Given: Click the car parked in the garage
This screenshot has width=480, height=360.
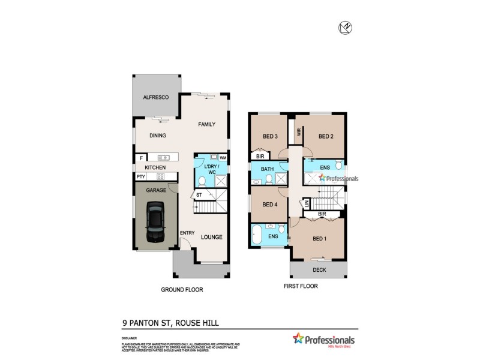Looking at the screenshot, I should (x=155, y=220).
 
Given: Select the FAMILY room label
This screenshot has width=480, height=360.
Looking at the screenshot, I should (x=207, y=124).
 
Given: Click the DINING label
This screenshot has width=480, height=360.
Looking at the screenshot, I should (x=158, y=136).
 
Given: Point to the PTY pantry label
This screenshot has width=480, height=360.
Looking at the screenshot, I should (x=140, y=176).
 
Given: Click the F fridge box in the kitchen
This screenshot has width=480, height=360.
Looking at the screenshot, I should (x=142, y=158).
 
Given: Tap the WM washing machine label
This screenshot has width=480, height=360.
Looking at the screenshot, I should (x=223, y=157).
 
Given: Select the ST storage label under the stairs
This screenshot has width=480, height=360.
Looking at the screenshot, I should (x=199, y=196).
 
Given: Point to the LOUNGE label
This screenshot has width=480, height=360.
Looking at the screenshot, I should (x=211, y=237).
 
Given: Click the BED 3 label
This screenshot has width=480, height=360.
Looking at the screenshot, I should (x=270, y=136).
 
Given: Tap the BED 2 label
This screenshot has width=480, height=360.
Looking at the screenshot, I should (x=326, y=136).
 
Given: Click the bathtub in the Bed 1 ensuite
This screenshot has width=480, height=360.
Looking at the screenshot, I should (x=257, y=235).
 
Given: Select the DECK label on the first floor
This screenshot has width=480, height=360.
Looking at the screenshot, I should (x=319, y=270).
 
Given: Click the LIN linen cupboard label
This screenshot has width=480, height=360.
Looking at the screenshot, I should (x=307, y=204).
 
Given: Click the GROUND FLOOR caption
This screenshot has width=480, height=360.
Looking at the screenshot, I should (x=182, y=289).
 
